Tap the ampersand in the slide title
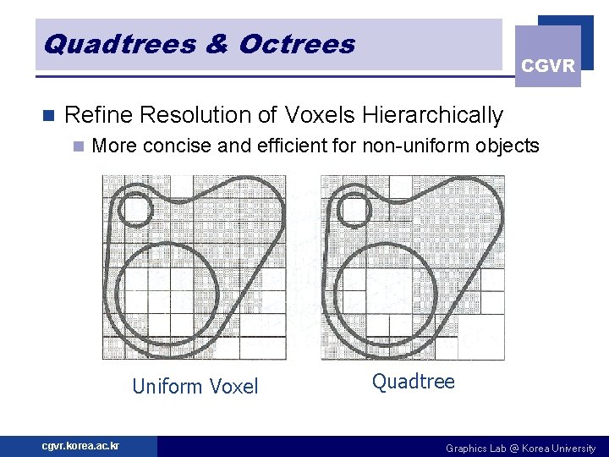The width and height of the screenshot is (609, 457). (217, 43)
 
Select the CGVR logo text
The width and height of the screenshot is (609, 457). (548, 66)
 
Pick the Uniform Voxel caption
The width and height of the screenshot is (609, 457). (195, 387)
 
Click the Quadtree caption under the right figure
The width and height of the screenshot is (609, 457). (414, 382)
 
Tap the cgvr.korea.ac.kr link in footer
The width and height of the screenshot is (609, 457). (80, 446)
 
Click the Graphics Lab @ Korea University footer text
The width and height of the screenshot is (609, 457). (520, 448)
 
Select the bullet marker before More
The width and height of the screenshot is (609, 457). (79, 146)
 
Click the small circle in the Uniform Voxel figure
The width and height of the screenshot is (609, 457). (134, 208)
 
